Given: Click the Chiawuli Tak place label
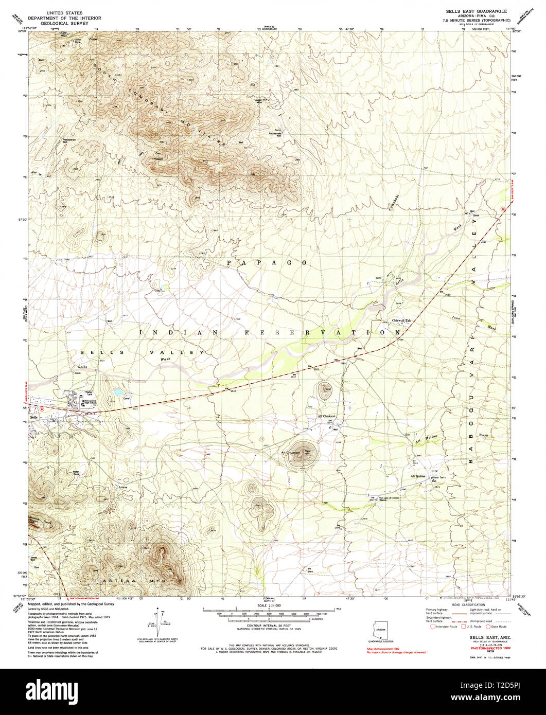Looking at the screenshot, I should [402, 320].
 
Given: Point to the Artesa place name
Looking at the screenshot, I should [122, 487].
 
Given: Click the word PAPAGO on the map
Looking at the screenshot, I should [267, 263].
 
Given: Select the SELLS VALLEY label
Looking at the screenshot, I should [142, 352].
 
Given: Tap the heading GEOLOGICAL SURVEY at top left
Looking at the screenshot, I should [64, 24].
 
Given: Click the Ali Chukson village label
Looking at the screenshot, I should [326, 416].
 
